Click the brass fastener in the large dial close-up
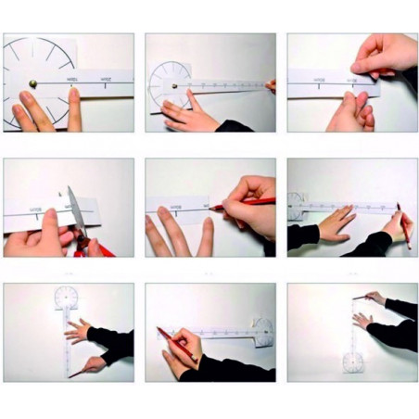[34, 83]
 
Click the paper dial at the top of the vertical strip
[67, 297]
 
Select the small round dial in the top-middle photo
[169, 82]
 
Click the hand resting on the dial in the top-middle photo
[190, 114]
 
